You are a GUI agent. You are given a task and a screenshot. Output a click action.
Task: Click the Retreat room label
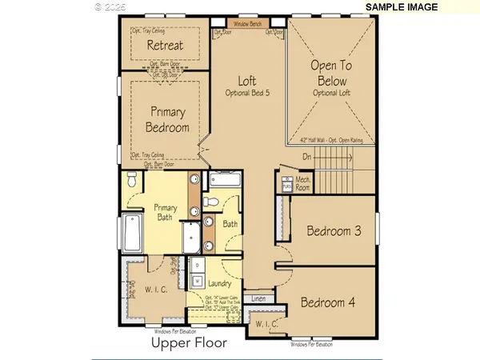pyautogui.click(x=165, y=46)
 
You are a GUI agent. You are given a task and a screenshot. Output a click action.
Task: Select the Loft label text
pyautogui.click(x=246, y=81)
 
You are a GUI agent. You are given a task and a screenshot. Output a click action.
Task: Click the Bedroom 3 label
pyautogui.click(x=334, y=231)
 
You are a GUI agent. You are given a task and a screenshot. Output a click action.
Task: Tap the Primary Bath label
pyautogui.click(x=164, y=213)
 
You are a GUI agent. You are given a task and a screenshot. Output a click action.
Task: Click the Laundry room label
pyautogui.click(x=220, y=284)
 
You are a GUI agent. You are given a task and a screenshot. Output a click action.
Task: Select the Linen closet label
pyautogui.click(x=258, y=298)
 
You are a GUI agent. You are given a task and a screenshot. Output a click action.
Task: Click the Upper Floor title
pyautogui.click(x=189, y=343)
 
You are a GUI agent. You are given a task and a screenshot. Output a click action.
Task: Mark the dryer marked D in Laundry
pyautogui.click(x=197, y=264)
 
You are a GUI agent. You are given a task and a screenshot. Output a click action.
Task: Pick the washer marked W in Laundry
pyautogui.click(x=197, y=279)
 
